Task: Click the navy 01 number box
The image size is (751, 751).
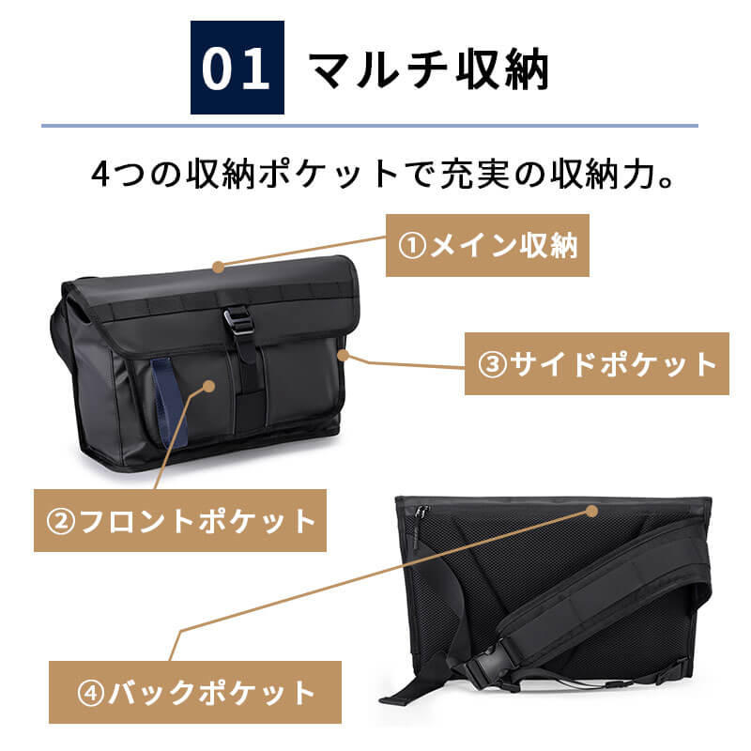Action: (x=238, y=68)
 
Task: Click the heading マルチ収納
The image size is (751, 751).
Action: (x=429, y=69)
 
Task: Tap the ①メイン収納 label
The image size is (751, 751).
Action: (x=487, y=245)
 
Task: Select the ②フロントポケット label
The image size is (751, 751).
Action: (x=180, y=520)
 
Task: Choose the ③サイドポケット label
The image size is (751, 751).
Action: (x=597, y=363)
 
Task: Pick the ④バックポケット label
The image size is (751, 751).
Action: (x=195, y=692)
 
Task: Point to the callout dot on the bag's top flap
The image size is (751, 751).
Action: (x=219, y=267)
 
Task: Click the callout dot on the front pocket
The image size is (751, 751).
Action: (x=208, y=386)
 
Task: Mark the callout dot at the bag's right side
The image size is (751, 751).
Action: (x=343, y=355)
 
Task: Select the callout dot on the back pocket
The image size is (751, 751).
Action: (x=592, y=511)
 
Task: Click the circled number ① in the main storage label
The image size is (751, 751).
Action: (x=412, y=246)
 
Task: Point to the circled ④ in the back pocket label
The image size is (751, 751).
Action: (x=90, y=693)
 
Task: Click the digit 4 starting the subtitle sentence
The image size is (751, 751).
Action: (x=101, y=174)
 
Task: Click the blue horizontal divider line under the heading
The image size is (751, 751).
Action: (x=370, y=126)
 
